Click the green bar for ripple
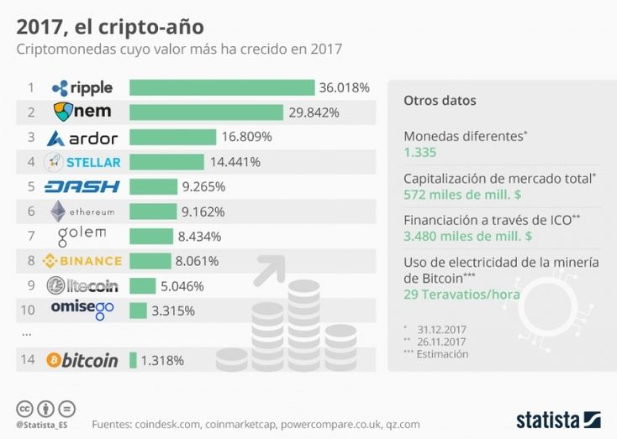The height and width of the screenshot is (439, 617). (x=222, y=87)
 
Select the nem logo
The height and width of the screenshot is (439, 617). (x=83, y=112)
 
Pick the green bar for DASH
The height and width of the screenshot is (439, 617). (x=153, y=186)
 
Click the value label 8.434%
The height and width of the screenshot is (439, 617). (x=199, y=236)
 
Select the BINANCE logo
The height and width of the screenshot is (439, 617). (x=82, y=261)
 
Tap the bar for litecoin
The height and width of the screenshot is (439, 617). (x=142, y=285)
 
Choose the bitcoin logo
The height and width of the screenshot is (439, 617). (x=82, y=361)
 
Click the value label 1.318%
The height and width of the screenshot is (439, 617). (x=163, y=361)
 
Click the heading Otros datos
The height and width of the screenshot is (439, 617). (x=440, y=101)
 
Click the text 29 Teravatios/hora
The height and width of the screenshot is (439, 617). (x=461, y=295)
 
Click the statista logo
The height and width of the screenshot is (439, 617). (x=558, y=419)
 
